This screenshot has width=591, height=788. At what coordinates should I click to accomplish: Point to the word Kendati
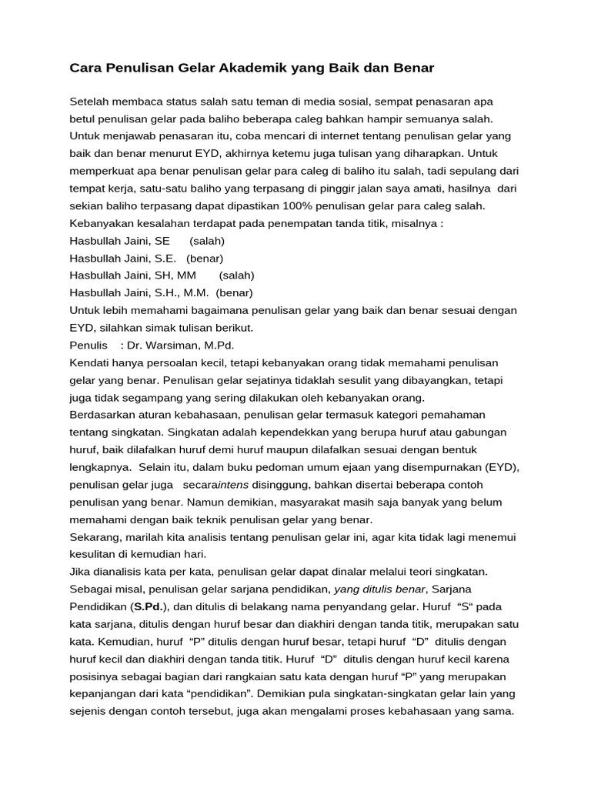(x=90, y=362)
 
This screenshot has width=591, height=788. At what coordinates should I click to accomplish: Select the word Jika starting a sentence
(x=81, y=571)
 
